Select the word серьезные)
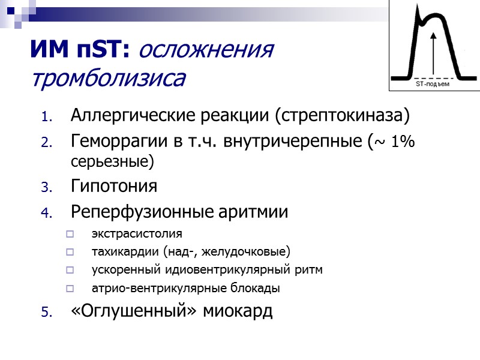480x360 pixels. coord(112,162)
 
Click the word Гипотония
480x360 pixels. coord(114,187)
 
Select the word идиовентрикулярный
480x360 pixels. coord(227,269)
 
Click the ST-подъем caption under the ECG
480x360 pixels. coord(433,85)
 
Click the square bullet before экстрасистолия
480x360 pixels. coord(70,234)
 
